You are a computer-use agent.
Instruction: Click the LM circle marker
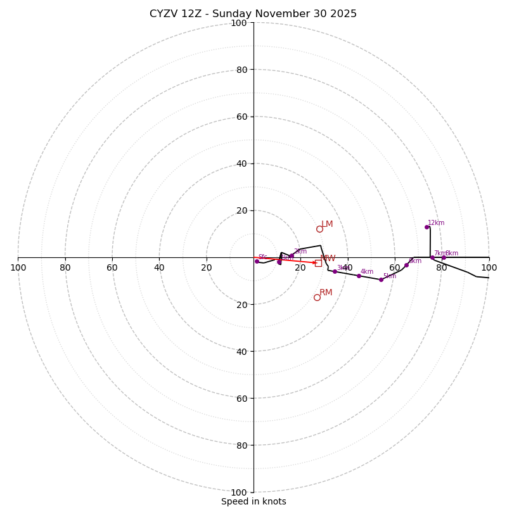pos(319,229)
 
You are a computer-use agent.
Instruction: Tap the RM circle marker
pos(317,297)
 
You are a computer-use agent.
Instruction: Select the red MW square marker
pos(318,263)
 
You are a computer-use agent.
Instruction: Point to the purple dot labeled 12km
pos(427,227)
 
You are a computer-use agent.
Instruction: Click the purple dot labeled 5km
pos(381,279)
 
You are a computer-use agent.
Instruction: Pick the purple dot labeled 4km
pos(359,276)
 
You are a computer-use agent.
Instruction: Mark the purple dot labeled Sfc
pos(257,261)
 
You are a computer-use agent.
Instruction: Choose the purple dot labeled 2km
pos(292,256)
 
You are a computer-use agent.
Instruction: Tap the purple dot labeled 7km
pos(432,257)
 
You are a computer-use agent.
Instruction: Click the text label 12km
pos(436,223)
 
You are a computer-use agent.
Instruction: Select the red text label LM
pos(327,224)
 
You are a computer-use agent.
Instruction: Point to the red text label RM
pos(326,293)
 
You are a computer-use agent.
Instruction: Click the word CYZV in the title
pos(164,14)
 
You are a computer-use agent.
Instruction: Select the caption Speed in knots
pos(253,502)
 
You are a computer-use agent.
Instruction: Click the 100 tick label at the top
pos(239,23)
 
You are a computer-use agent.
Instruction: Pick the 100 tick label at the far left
pos(18,268)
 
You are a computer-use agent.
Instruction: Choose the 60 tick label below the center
pos(239,399)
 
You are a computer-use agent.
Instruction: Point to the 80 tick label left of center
pos(65,268)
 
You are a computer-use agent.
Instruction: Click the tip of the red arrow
pos(316,262)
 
